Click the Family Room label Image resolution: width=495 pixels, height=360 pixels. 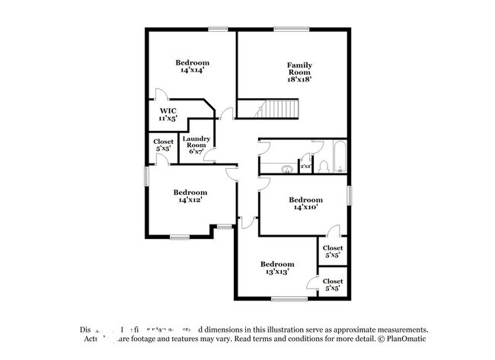click(x=299, y=69)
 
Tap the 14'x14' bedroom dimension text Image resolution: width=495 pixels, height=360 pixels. click(x=192, y=71)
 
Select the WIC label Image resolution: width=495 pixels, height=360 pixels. click(x=168, y=111)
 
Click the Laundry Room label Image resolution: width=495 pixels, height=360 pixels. click(x=196, y=144)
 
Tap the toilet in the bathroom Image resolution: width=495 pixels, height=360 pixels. click(x=323, y=165)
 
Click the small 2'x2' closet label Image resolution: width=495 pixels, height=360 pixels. click(x=305, y=165)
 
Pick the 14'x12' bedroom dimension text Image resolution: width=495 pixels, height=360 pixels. click(x=190, y=200)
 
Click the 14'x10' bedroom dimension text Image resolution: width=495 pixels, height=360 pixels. click(x=305, y=207)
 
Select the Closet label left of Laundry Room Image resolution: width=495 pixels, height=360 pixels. click(x=163, y=145)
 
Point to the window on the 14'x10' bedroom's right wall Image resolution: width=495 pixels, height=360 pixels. click(x=350, y=195)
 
